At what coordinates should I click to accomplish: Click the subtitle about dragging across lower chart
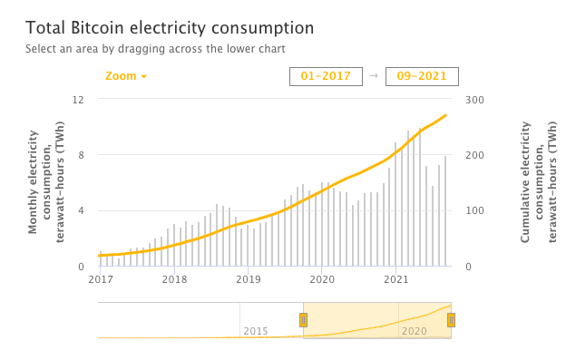155,49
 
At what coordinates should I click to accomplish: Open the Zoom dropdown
125,76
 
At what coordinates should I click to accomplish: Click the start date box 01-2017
326,76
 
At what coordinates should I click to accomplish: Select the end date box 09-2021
422,76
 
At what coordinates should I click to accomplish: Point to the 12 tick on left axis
79,99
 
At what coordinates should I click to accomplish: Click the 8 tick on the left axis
82,155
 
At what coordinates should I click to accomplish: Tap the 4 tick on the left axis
82,211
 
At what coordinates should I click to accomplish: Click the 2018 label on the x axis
174,280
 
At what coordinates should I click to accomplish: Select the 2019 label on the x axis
248,280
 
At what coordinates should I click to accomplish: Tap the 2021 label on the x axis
395,280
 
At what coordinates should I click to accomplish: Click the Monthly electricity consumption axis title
46,182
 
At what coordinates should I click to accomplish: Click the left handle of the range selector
304,319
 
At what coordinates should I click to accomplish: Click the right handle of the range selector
451,319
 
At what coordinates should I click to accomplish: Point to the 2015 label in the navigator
256,331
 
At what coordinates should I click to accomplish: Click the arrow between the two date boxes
374,76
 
